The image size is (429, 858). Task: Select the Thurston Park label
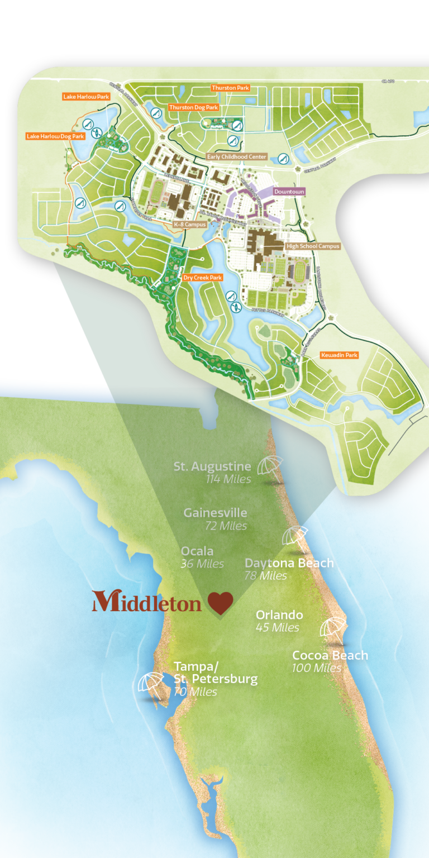(x=230, y=88)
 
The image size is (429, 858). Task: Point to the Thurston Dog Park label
(x=193, y=107)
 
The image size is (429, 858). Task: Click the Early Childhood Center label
(x=237, y=157)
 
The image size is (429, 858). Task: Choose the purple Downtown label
(x=289, y=192)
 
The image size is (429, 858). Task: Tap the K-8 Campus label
(x=190, y=224)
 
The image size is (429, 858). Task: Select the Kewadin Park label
(x=339, y=355)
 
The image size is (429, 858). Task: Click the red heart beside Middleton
(x=220, y=604)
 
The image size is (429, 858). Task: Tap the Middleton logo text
(x=147, y=603)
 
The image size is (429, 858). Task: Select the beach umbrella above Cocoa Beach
(x=333, y=627)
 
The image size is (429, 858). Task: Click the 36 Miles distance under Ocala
(x=202, y=564)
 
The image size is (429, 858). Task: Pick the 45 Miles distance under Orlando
(x=277, y=627)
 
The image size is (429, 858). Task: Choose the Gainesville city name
(x=215, y=513)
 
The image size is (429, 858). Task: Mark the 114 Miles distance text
(x=227, y=479)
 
